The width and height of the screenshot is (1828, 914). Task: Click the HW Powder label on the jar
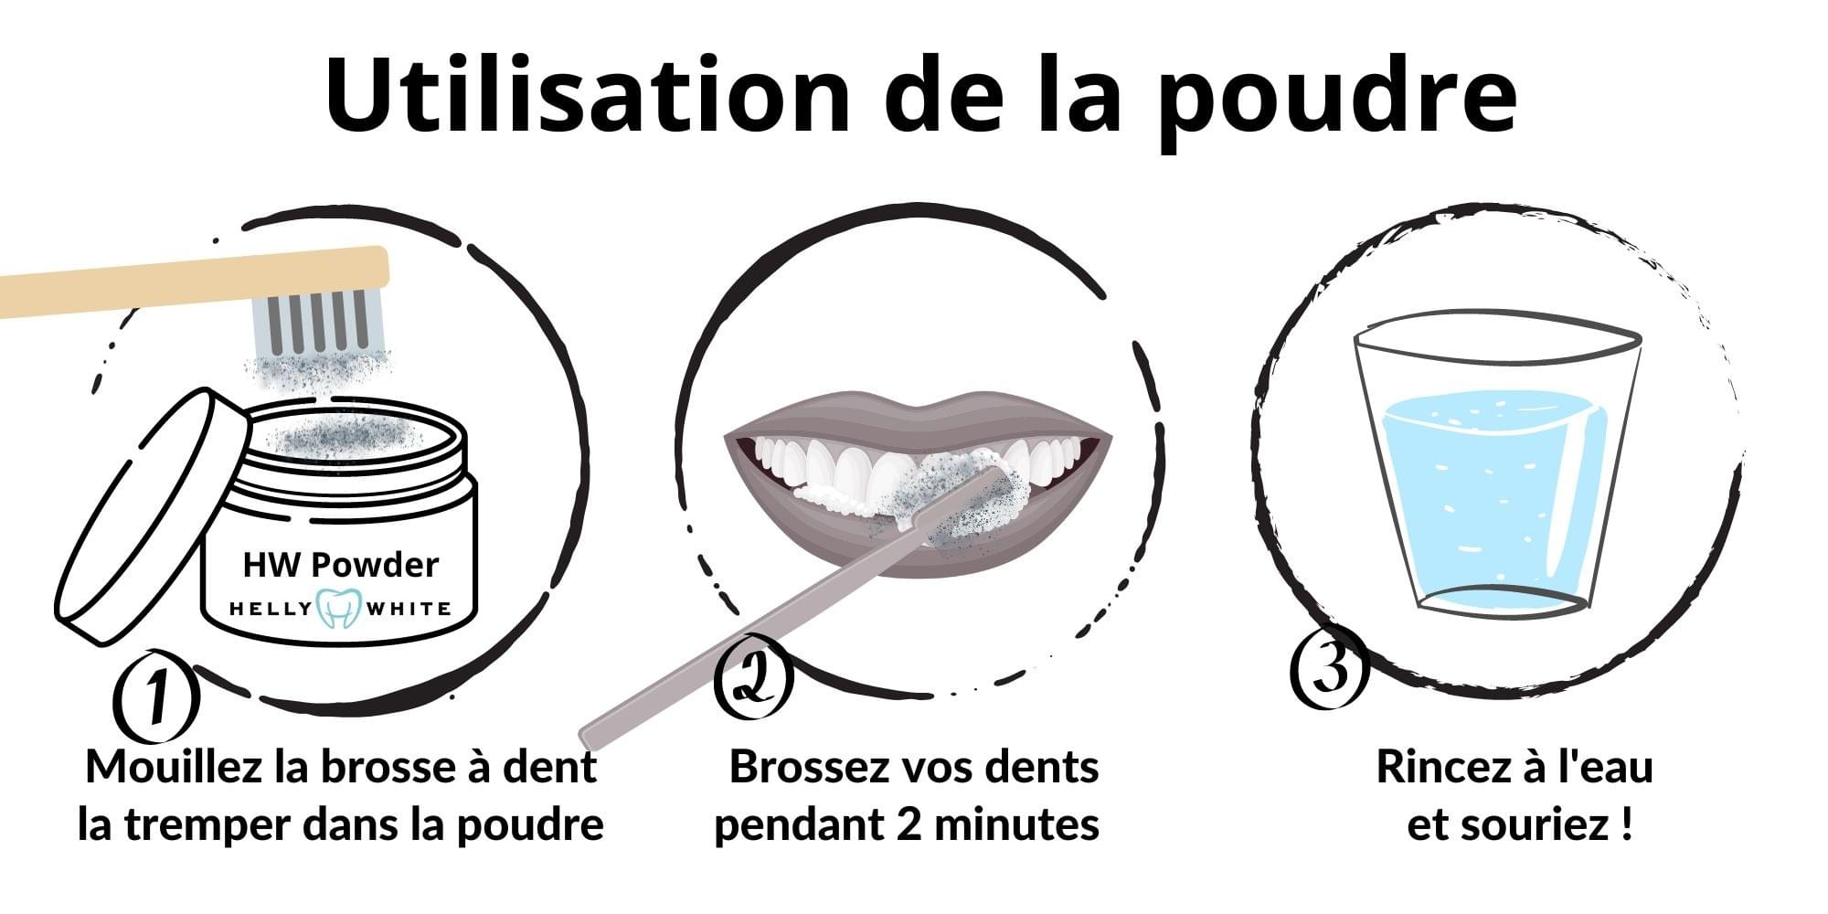coord(340,564)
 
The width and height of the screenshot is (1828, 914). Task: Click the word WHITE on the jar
coord(409,609)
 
